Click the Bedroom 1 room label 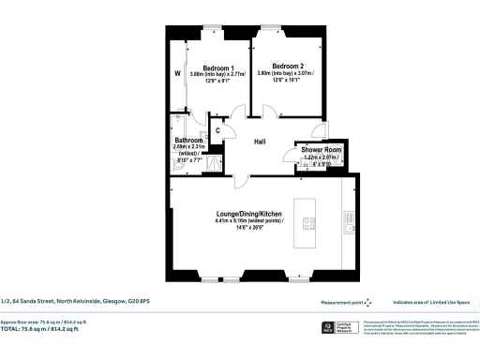coord(218,67)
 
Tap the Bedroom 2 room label coord(287,66)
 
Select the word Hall coord(261,141)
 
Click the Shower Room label coord(322,149)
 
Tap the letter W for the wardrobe coord(177,71)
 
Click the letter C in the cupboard coord(217,130)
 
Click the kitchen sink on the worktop coord(350,225)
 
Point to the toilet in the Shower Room coord(303,167)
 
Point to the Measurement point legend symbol coord(367,302)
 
